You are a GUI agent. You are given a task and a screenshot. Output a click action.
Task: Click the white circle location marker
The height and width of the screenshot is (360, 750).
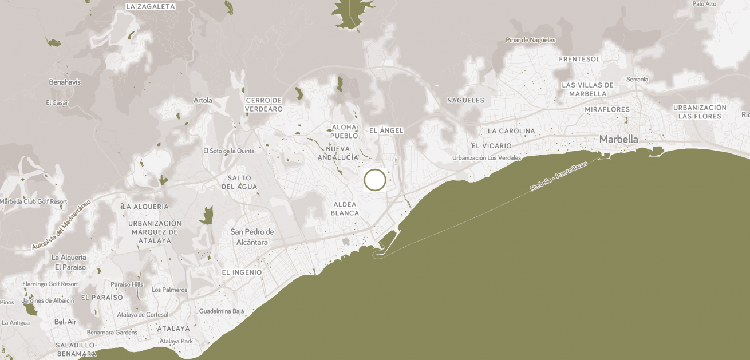tap(375, 180)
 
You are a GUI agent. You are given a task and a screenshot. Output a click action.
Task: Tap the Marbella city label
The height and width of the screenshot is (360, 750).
tap(618, 139)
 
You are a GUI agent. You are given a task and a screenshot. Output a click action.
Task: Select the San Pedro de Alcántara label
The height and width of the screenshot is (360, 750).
tap(252, 236)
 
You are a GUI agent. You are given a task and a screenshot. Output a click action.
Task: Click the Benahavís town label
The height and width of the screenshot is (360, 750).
tap(65, 82)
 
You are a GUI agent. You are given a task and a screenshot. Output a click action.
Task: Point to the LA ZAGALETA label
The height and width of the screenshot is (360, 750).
tap(150, 7)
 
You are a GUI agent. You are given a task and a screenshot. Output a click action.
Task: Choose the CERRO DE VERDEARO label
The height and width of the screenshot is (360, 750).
tap(264, 105)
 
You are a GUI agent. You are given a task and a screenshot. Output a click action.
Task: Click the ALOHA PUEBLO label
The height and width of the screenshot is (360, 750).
tap(344, 131)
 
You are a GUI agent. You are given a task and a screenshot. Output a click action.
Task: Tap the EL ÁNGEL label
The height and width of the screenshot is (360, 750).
tap(386, 130)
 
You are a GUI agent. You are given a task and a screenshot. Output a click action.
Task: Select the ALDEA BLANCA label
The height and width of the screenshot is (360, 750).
tap(345, 208)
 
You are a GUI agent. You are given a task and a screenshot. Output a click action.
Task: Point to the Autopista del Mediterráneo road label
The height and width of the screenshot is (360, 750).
tap(61, 226)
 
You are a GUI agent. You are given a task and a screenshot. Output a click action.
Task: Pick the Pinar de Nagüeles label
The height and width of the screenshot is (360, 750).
tap(530, 40)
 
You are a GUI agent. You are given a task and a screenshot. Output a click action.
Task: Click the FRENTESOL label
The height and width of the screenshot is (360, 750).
tap(579, 59)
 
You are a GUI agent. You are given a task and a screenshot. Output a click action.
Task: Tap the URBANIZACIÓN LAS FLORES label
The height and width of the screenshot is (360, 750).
tap(700, 112)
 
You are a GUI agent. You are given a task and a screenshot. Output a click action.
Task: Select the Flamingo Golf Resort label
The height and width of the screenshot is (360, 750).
tap(50, 284)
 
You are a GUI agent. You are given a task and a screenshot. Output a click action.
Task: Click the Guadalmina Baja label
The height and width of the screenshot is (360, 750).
tap(222, 311)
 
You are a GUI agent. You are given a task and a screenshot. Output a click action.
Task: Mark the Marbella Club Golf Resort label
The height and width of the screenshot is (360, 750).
tap(33, 201)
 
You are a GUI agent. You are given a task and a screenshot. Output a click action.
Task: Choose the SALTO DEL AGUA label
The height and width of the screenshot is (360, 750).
tap(239, 182)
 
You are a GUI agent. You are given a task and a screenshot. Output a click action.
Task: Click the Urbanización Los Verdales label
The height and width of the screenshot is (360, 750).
tap(487, 158)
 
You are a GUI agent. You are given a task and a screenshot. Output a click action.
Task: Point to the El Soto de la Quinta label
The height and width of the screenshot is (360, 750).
tap(229, 151)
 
